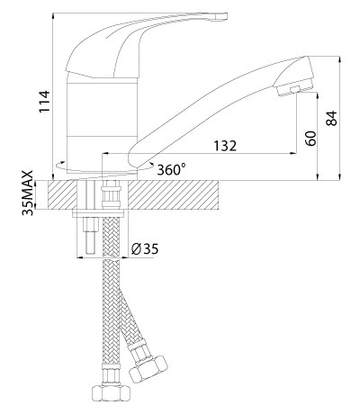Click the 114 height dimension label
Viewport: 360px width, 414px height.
(x=45, y=101)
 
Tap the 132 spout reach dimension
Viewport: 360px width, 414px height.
(x=225, y=146)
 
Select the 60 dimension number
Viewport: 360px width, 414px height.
(x=311, y=139)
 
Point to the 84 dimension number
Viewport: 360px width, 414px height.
(x=331, y=118)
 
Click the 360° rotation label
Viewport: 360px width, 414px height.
(x=171, y=170)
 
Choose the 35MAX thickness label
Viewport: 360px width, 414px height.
(x=28, y=193)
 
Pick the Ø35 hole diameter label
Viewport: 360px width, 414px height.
(x=145, y=248)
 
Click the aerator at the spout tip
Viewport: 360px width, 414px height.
(x=294, y=89)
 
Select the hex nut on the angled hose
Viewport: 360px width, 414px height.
(x=148, y=369)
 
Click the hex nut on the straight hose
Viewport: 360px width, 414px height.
(x=111, y=392)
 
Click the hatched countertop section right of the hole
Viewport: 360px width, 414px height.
(x=173, y=194)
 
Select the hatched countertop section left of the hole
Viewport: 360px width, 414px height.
(x=62, y=194)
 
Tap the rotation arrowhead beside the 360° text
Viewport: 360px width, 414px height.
(x=152, y=165)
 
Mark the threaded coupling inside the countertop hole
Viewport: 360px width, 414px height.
(x=111, y=196)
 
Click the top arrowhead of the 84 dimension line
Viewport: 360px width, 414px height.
(x=339, y=59)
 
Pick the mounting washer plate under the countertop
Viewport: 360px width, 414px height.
(x=98, y=213)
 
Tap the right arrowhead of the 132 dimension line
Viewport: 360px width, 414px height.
(x=293, y=154)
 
